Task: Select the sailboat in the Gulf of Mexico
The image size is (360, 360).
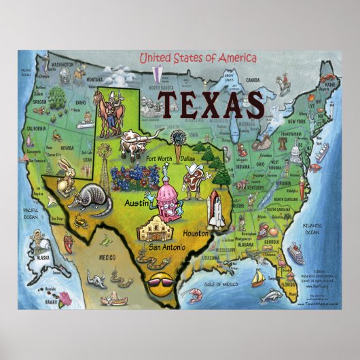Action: pyautogui.click(x=258, y=279)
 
